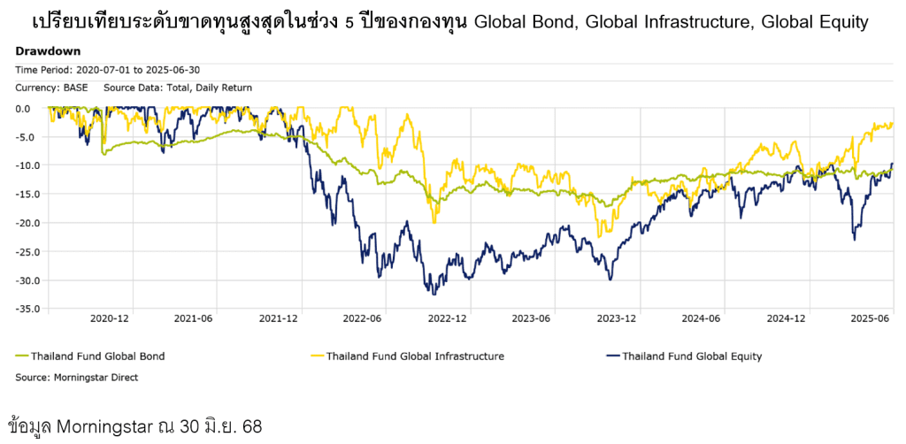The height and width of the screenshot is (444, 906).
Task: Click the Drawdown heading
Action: [48, 51]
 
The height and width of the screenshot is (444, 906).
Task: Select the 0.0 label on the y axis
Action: [23, 109]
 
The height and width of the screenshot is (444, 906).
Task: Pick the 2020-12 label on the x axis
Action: [111, 318]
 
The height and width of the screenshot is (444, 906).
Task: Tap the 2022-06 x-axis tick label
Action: [363, 318]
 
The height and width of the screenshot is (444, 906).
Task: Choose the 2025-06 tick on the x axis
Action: [869, 318]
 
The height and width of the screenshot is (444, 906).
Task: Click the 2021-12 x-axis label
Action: [279, 318]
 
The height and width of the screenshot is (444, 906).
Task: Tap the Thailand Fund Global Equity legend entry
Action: [692, 356]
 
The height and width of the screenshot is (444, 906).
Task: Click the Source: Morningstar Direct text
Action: [77, 377]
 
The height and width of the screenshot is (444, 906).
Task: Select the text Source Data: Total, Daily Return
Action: [178, 88]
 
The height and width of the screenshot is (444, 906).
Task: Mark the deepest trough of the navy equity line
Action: [434, 294]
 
